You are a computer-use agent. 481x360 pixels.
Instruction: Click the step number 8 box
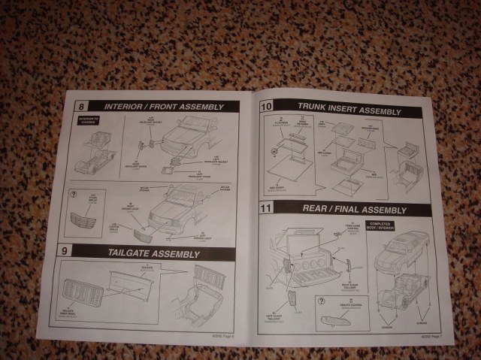pos(72,107)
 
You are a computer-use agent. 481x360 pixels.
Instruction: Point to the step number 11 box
pos(265,207)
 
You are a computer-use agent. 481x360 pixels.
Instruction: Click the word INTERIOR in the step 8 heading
pos(127,106)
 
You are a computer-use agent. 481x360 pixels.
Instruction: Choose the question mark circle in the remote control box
pos(323,301)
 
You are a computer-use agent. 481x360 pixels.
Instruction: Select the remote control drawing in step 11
pos(340,321)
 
